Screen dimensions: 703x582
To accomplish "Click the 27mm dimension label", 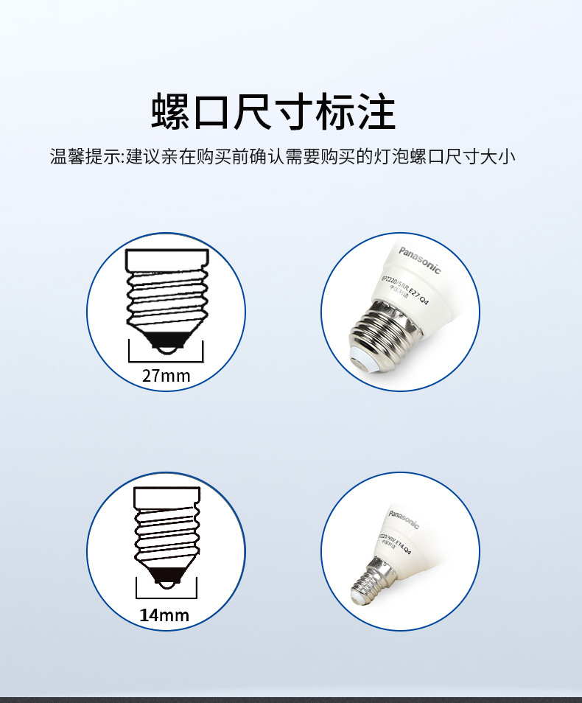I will [x=166, y=376].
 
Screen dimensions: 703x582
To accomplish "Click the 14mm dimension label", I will [x=164, y=615].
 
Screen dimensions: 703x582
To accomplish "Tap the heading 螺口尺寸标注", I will [x=273, y=112].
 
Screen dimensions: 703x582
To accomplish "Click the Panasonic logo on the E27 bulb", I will [x=420, y=259].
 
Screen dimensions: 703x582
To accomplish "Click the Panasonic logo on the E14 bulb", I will [x=404, y=519].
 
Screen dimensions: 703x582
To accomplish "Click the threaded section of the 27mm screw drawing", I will [x=166, y=298].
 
